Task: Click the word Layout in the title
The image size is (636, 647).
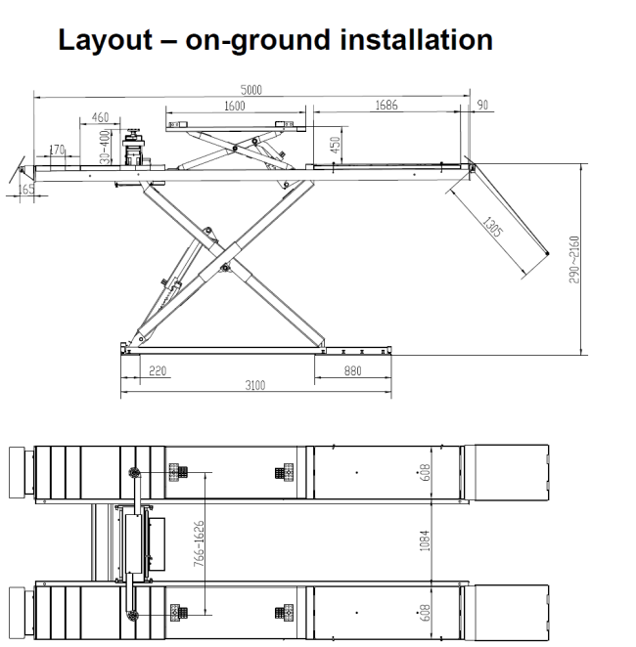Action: pos(105,40)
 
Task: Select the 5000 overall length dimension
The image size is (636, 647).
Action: pos(251,90)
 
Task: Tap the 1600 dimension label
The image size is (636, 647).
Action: pos(235,107)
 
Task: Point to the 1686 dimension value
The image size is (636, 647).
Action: pos(386,106)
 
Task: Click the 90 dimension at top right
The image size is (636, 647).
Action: pos(482,105)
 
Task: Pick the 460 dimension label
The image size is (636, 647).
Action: pos(100,117)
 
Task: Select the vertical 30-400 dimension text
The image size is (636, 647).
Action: pos(106,147)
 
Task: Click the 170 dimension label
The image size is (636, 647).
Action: pos(57,150)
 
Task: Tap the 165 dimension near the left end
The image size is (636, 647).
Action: pos(26,189)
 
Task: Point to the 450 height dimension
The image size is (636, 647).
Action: pos(336,145)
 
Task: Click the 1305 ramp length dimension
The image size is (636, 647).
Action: pos(493,227)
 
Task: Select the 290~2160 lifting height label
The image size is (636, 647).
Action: pos(574,260)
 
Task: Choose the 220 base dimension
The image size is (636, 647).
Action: pos(158,371)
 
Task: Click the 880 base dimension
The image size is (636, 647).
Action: pos(352,371)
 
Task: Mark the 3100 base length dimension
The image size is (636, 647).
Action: pos(255,385)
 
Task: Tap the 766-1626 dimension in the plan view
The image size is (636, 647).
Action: pos(199,543)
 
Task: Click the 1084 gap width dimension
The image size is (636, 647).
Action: pos(425,540)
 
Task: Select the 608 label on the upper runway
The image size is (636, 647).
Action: pos(425,472)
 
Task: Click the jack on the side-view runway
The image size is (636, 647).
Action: pos(133,148)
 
